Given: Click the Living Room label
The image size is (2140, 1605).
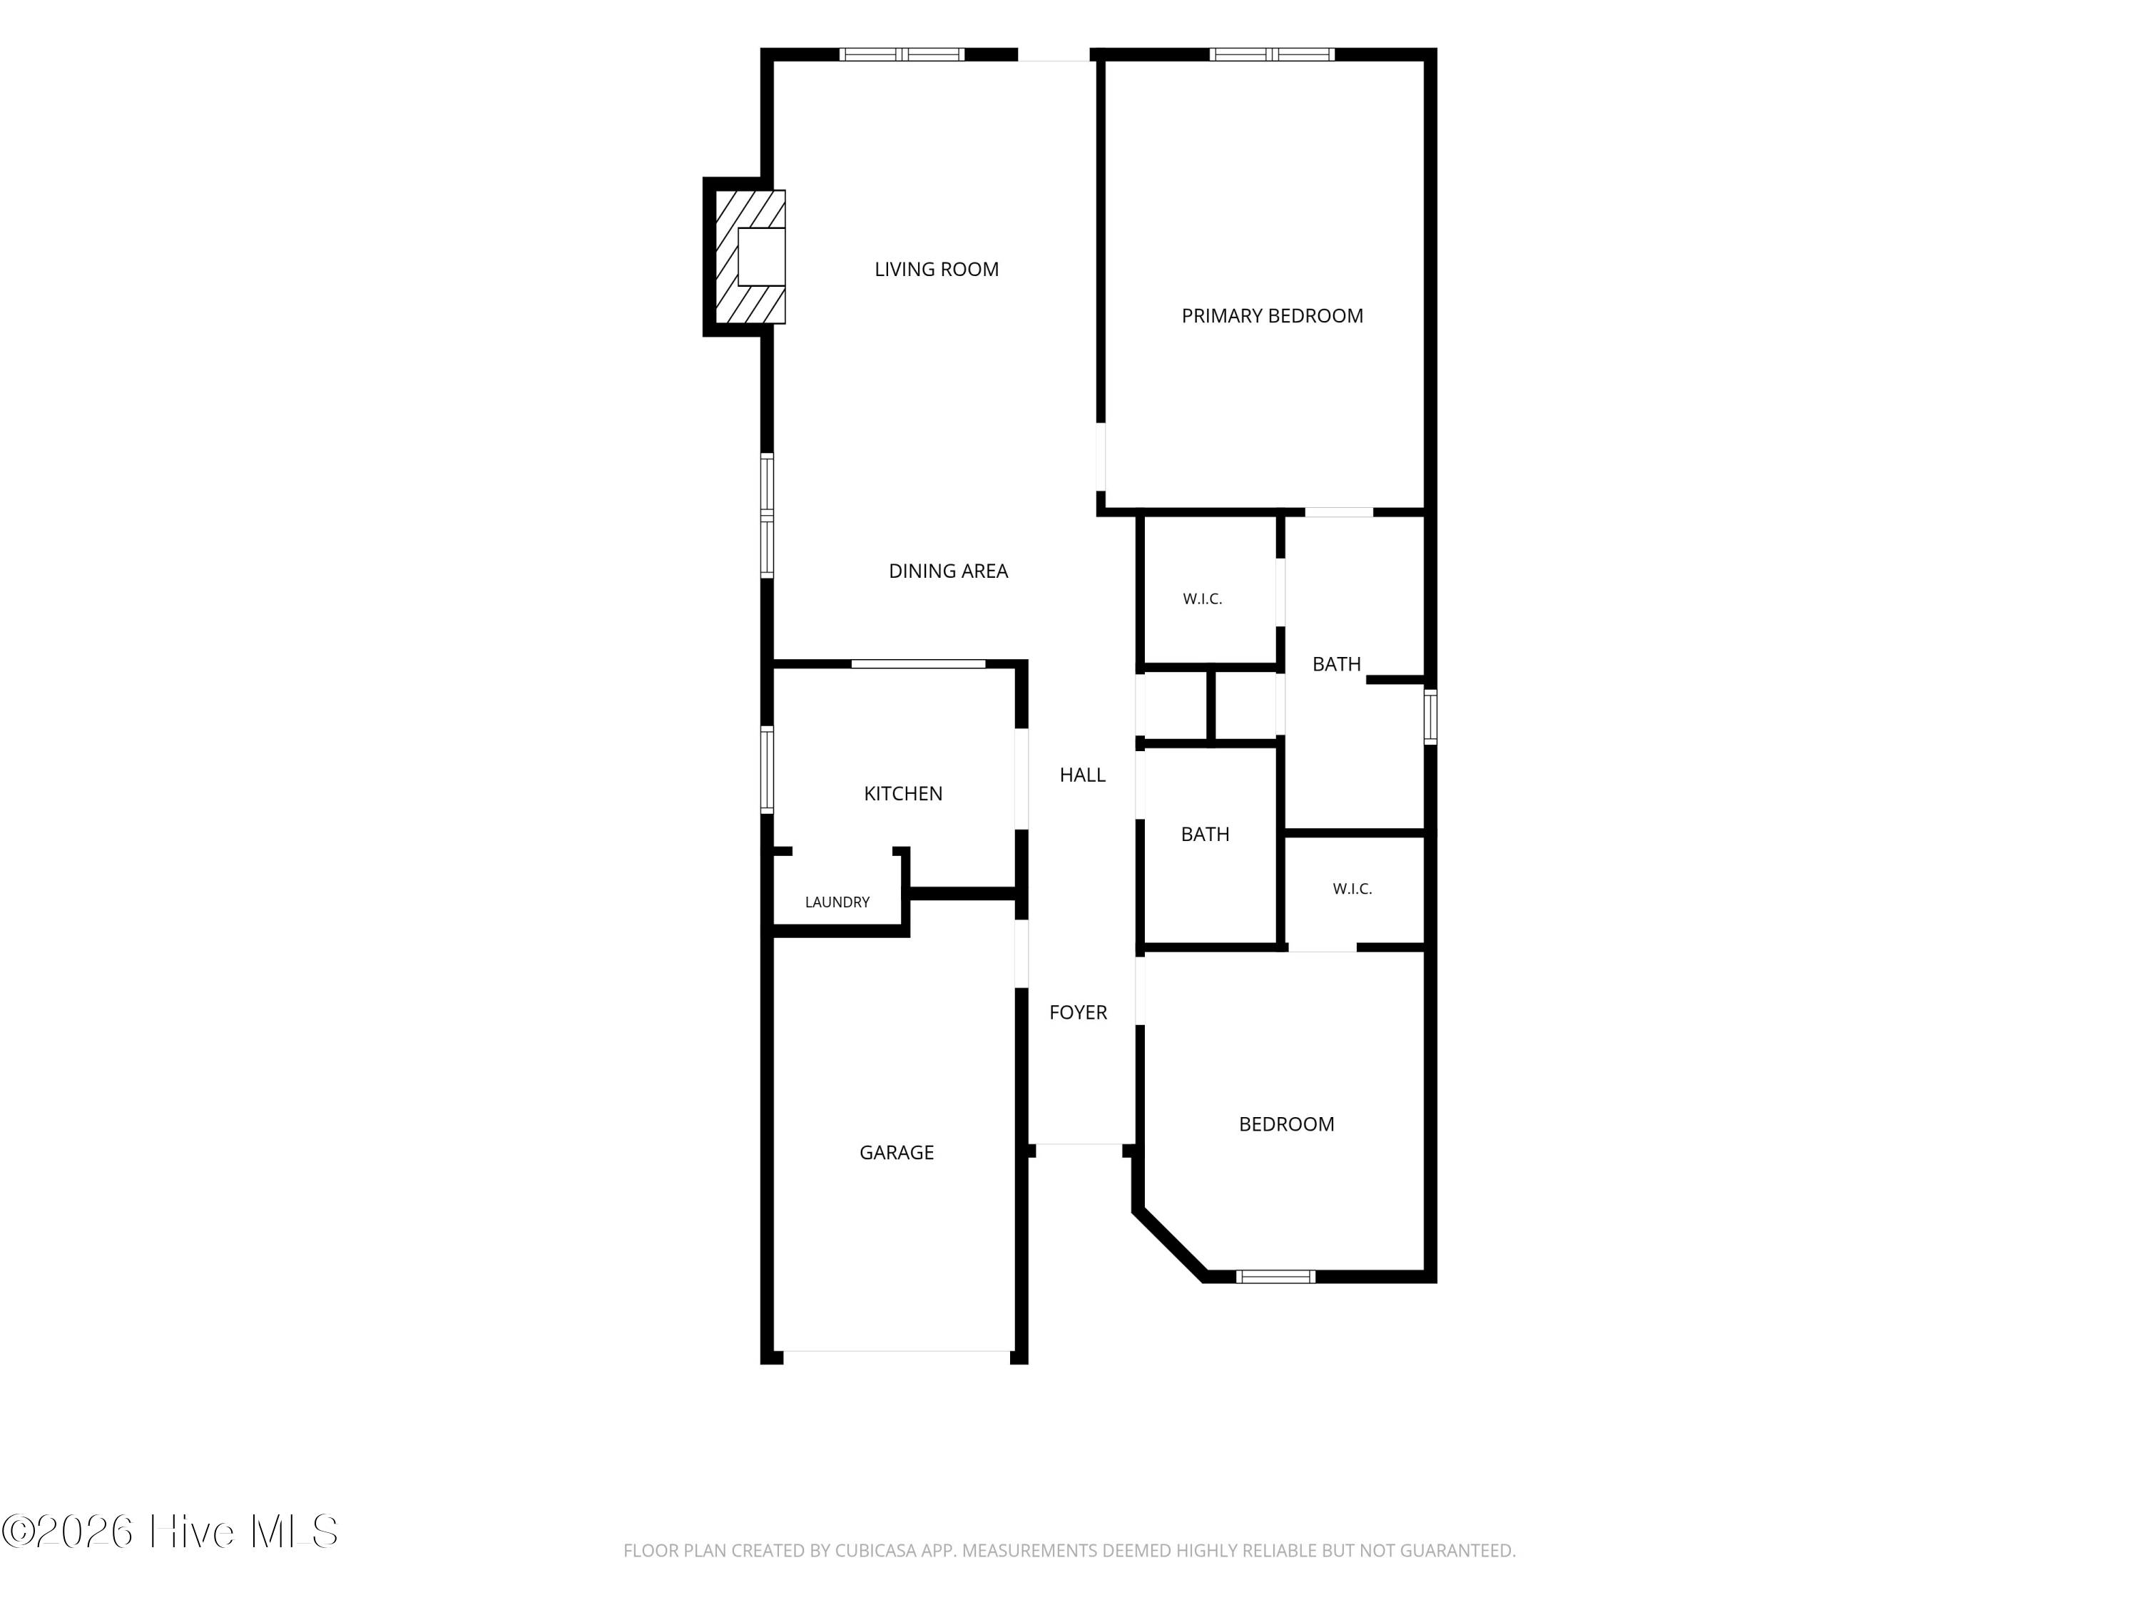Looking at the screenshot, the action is coord(937,269).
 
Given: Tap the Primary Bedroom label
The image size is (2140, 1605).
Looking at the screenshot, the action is coord(1272,315).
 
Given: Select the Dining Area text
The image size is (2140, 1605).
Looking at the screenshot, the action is coord(948,571).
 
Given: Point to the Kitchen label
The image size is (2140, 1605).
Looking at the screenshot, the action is coord(902,793).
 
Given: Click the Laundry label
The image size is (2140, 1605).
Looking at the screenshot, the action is coord(837,902).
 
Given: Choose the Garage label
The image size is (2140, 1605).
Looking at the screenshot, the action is coord(897,1152).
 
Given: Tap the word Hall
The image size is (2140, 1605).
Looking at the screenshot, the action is coord(1083,774).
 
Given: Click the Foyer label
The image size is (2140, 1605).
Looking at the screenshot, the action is coord(1078,1012).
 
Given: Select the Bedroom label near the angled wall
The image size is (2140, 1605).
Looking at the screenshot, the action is coord(1287,1123).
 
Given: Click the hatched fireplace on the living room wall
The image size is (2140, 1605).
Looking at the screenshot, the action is coord(750,256).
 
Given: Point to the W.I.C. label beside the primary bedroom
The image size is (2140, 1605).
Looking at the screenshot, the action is coord(1203,599).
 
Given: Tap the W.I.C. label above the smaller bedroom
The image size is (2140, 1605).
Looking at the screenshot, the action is coord(1352,888).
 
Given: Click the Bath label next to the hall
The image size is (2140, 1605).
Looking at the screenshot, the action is coord(1206,834).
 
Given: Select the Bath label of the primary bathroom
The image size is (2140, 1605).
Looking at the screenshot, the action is coord(1336,663).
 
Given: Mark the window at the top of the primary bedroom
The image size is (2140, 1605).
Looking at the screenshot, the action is coord(1272,54).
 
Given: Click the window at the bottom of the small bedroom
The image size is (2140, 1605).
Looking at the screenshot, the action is coord(1276,1276).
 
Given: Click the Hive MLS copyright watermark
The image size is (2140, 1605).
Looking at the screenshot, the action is coord(170,1532).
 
